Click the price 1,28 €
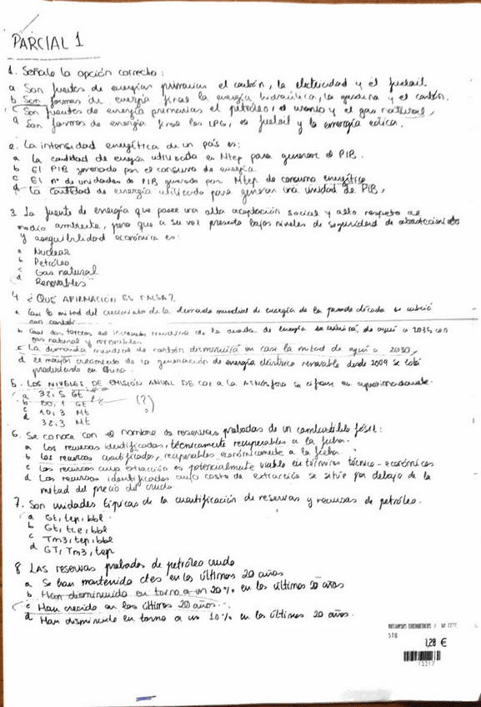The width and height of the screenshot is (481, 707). (x=435, y=642)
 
